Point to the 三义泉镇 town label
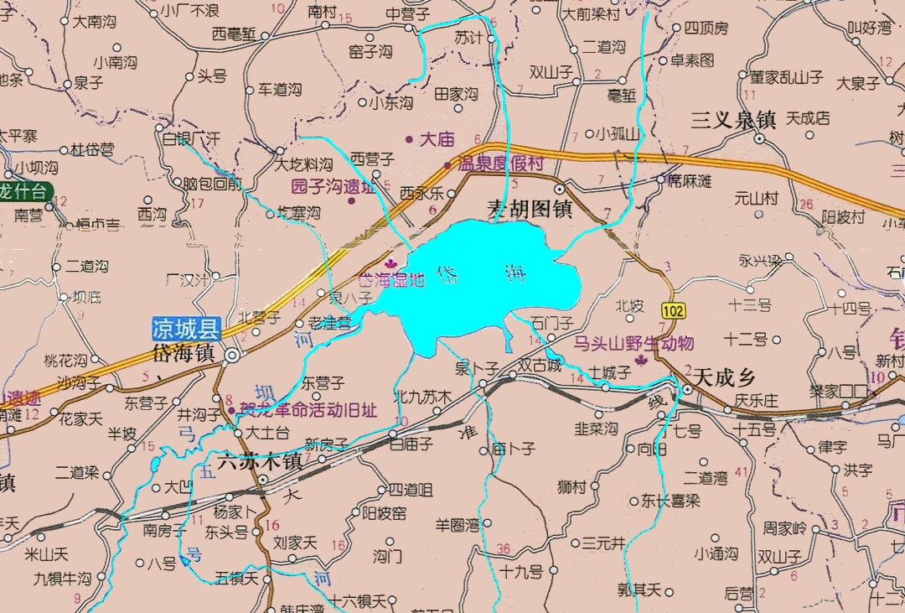coord(732,120)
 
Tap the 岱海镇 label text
coord(184,352)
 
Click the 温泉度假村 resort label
coord(500,164)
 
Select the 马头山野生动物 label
coord(633,343)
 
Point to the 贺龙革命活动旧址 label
coord(308,411)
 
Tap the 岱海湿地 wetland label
coord(391,280)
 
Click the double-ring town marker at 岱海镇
coord(231,356)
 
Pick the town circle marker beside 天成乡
coord(686,390)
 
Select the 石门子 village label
coord(552,323)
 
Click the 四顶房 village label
coord(706,29)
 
